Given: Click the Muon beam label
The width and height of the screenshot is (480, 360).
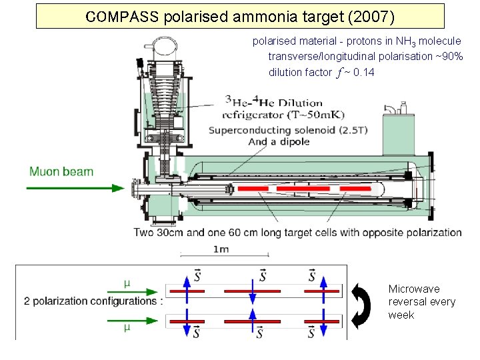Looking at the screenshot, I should point(61,171).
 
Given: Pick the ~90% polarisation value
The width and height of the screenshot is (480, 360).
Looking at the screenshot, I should point(449,56).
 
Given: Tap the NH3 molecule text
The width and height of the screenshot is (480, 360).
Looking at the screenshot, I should point(429,41).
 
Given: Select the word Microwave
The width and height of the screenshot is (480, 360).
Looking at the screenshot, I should point(414,289).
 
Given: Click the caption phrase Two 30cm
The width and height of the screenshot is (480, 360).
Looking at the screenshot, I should point(160,233).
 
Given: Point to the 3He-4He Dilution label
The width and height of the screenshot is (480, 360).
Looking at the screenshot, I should point(273,102).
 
